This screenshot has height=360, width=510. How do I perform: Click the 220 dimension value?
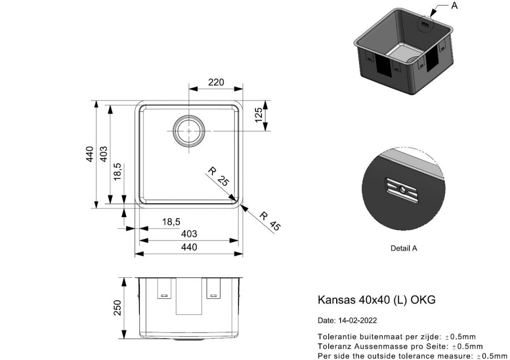[x=216, y=82]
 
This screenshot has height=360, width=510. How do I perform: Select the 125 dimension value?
[x=258, y=115]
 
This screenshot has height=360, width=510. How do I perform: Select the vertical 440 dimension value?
[x=90, y=154]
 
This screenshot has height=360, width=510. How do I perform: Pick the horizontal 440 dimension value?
[x=189, y=247]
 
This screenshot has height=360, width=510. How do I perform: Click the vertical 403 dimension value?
[x=103, y=154]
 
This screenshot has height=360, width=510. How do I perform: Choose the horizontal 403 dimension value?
[x=189, y=234]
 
